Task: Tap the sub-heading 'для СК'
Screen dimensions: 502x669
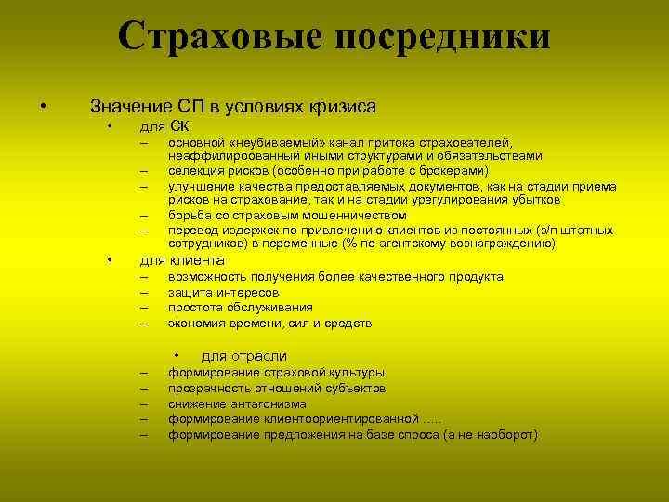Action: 164,125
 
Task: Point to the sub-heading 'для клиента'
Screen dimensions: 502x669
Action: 181,259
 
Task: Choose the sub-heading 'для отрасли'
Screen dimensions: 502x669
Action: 243,356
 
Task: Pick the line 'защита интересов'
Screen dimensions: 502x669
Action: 223,292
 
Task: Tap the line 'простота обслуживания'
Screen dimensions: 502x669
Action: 240,308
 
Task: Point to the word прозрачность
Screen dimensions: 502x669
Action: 209,388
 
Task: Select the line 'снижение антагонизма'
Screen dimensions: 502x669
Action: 237,403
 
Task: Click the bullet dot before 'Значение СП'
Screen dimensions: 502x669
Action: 43,106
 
